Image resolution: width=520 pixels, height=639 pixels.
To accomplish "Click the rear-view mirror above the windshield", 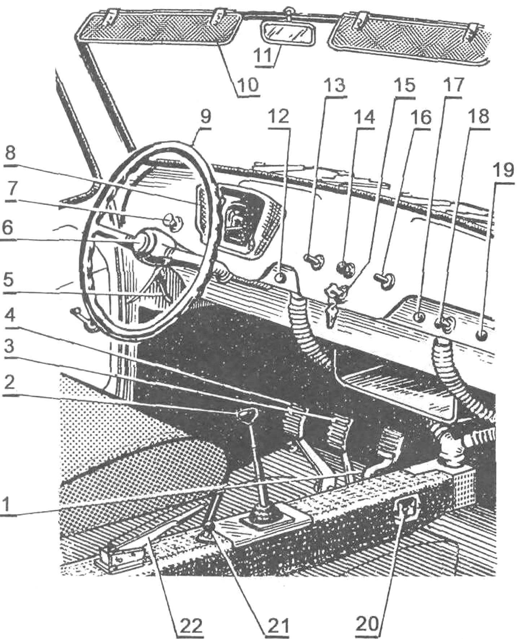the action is [x=288, y=34].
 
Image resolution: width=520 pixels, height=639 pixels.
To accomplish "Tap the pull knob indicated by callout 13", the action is [x=315, y=260].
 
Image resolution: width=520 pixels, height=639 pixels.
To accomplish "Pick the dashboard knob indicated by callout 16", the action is [x=386, y=279].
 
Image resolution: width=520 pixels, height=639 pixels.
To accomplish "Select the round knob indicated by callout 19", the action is [x=482, y=336].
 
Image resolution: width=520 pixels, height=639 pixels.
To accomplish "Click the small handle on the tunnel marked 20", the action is [x=406, y=511].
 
